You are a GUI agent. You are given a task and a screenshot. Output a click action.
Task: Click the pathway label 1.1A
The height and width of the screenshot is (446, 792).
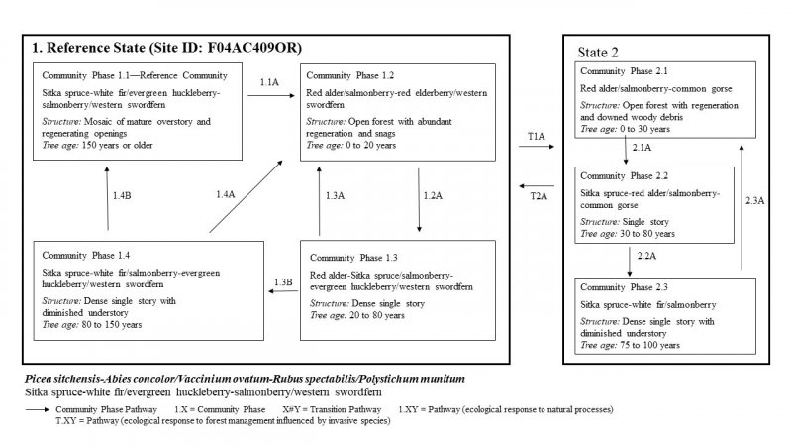[x=267, y=84]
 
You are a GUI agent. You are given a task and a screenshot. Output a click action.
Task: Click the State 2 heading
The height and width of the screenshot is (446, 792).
[x=600, y=51]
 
